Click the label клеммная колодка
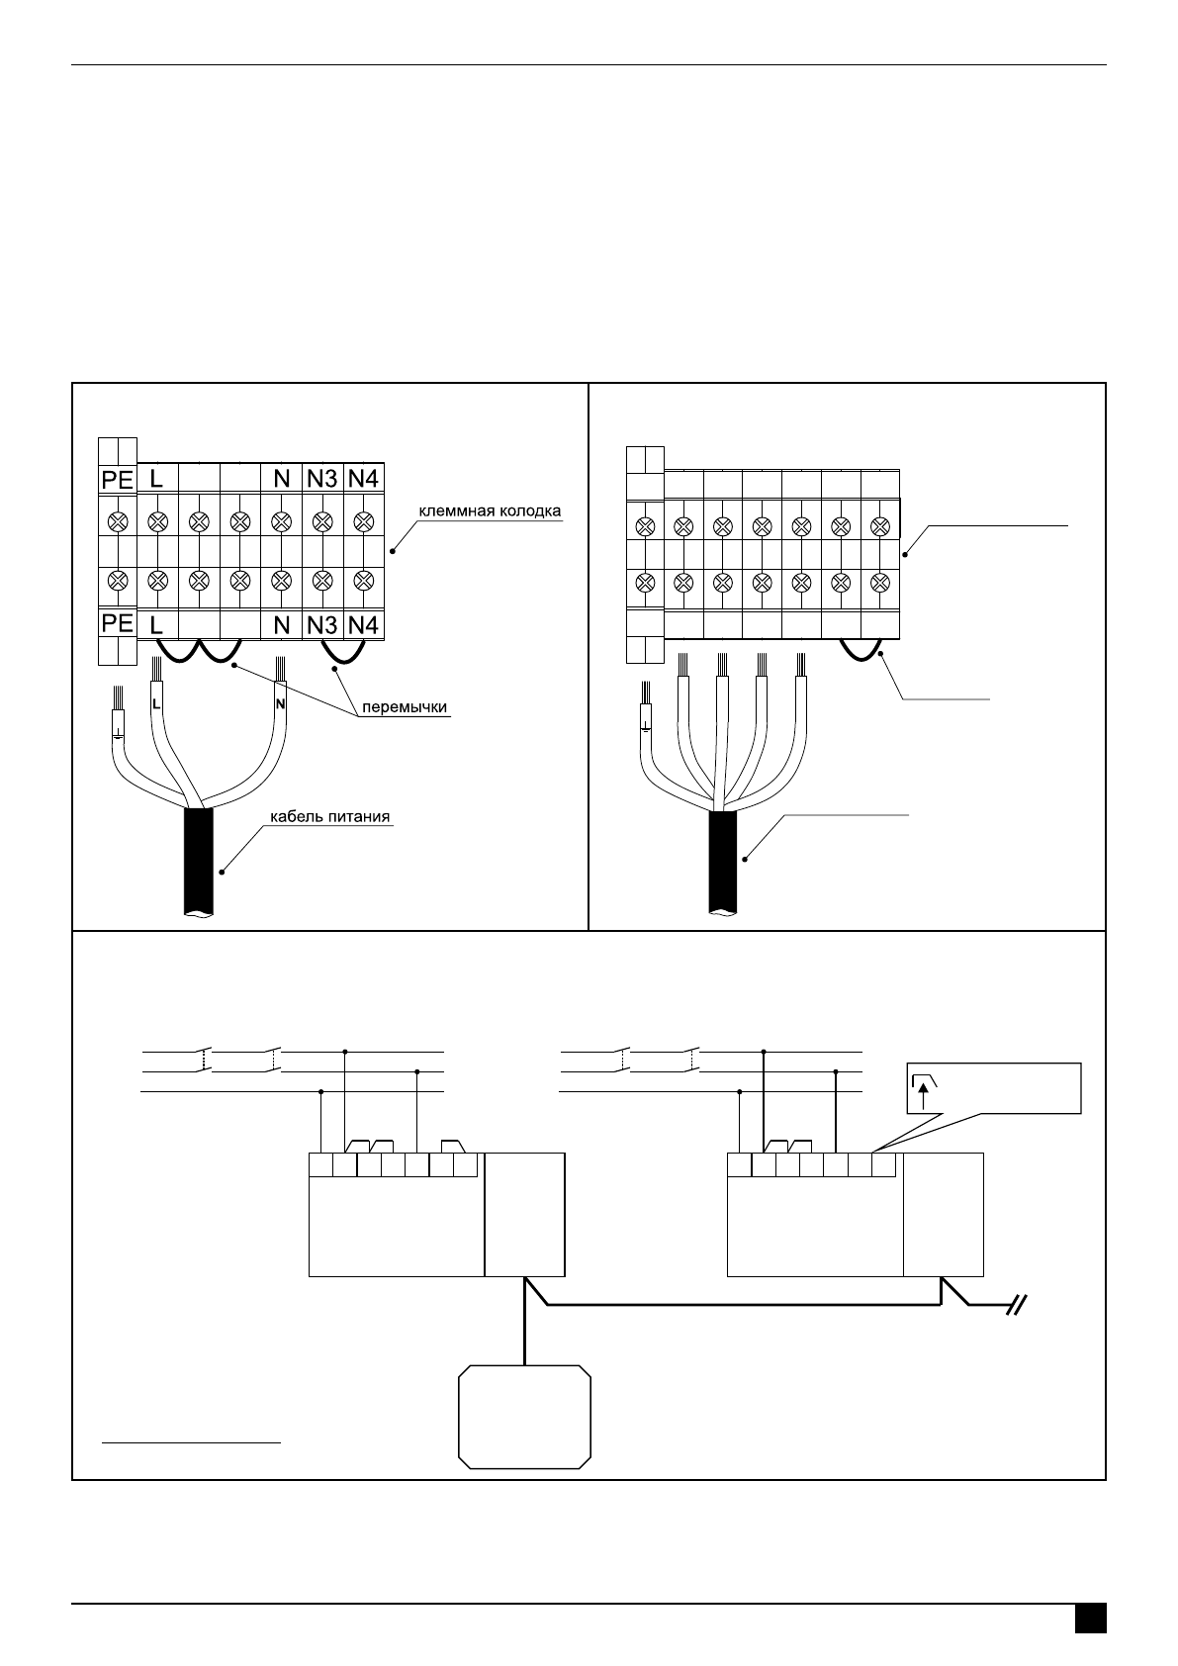pyautogui.click(x=490, y=511)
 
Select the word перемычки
pyautogui.click(x=406, y=707)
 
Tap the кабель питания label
pyautogui.click(x=329, y=817)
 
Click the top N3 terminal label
pyautogui.click(x=321, y=479)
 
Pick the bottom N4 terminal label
pyautogui.click(x=363, y=625)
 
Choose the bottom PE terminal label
pyautogui.click(x=118, y=623)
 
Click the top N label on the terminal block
pyautogui.click(x=281, y=479)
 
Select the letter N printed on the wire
pyautogui.click(x=280, y=704)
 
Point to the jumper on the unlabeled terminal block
pyautogui.click(x=861, y=652)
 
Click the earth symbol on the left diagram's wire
pyautogui.click(x=119, y=732)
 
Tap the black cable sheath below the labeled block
pyautogui.click(x=198, y=861)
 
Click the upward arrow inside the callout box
pyautogui.click(x=922, y=1096)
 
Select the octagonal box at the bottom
pyautogui.click(x=524, y=1417)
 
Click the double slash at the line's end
pyautogui.click(x=1016, y=1306)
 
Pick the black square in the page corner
pyautogui.click(x=1090, y=1619)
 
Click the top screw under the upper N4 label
pyautogui.click(x=363, y=520)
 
